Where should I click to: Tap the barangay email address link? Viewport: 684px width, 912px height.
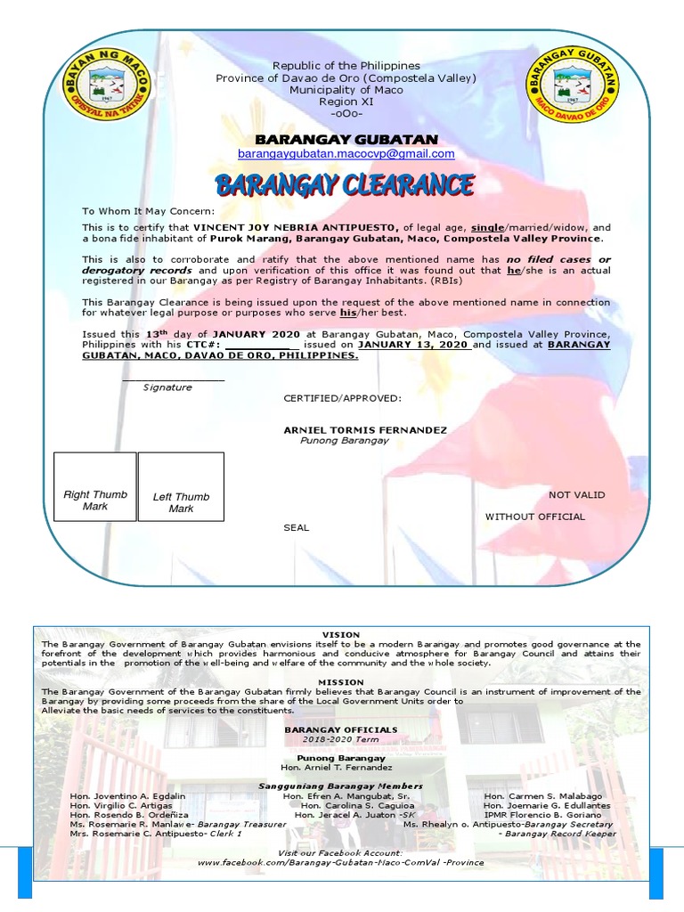[346, 154]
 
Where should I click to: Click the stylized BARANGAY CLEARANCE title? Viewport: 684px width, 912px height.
[345, 185]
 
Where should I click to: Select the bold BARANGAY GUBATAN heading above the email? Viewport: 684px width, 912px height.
[346, 139]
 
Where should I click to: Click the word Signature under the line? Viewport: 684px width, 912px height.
[167, 388]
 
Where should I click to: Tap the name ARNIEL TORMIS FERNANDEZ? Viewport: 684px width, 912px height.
[365, 430]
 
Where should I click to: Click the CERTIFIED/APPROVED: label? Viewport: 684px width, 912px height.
[342, 398]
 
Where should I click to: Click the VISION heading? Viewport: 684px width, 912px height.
[342, 634]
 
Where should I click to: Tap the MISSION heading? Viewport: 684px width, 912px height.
[342, 682]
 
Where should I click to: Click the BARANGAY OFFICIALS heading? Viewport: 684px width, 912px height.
[341, 729]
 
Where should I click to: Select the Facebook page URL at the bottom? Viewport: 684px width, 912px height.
[341, 862]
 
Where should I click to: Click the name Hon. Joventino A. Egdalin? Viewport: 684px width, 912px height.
[128, 795]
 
